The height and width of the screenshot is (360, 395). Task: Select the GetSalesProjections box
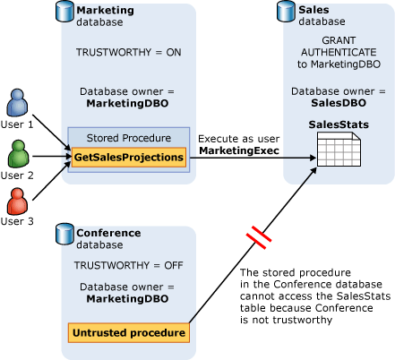pos(129,157)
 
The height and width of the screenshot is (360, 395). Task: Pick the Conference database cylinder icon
pos(64,235)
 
